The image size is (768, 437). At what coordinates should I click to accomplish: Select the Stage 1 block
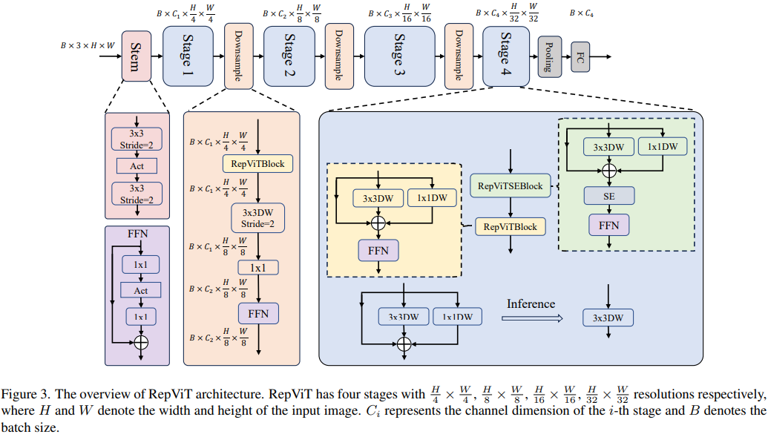tap(188, 56)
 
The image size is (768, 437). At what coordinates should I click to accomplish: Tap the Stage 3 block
tap(399, 56)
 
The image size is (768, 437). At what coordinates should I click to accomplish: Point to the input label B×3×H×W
tap(88, 46)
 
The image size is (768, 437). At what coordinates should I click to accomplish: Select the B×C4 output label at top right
tap(581, 13)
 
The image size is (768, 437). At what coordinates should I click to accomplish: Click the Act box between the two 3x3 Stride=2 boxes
tap(137, 165)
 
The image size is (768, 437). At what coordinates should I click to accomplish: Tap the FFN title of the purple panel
tap(138, 234)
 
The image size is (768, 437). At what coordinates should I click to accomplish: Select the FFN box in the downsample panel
tap(258, 314)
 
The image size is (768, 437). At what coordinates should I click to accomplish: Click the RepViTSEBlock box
tap(511, 186)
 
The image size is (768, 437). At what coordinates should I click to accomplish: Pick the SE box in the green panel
tap(608, 196)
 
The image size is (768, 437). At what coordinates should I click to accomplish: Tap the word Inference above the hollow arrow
tap(531, 303)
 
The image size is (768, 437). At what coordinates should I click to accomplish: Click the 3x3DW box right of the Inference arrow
tap(608, 318)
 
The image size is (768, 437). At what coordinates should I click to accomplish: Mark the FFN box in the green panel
tap(608, 224)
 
